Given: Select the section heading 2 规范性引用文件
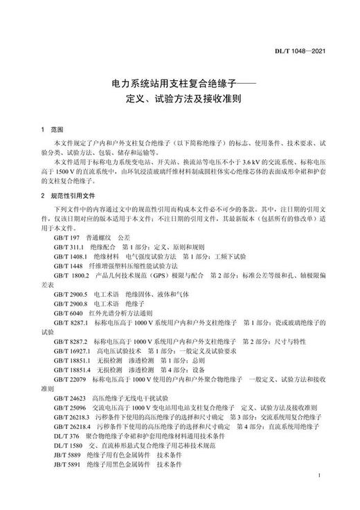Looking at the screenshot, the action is coord(68,196).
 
